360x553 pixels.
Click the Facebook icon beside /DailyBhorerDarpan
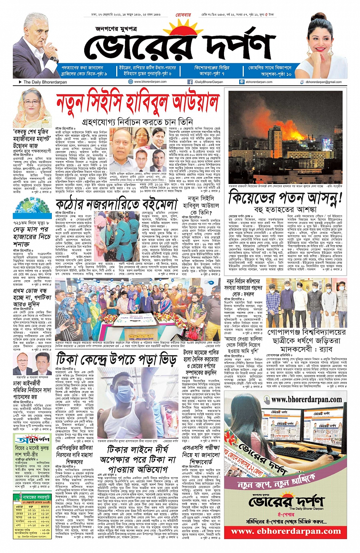click(190, 82)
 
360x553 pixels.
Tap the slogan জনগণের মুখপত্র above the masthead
click(113, 28)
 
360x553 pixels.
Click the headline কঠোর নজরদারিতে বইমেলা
click(120, 204)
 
